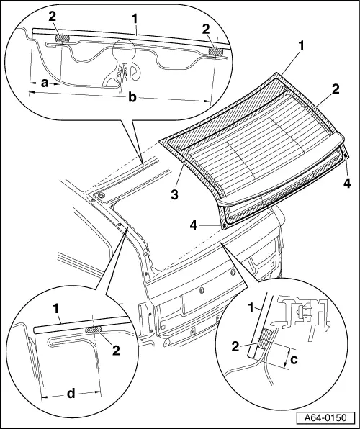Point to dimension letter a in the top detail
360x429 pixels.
(x=45, y=83)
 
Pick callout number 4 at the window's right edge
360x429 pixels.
(x=347, y=184)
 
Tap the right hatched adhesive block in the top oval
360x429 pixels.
(x=214, y=51)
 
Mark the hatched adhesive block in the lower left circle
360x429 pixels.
(x=94, y=330)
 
